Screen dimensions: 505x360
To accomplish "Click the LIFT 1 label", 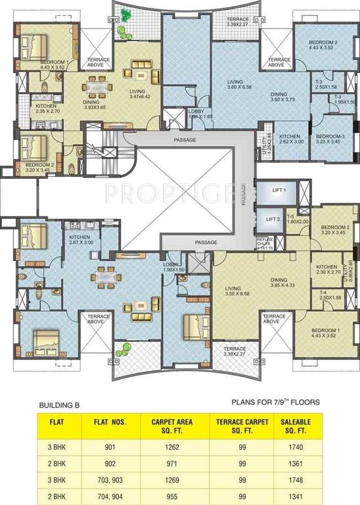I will (279, 190).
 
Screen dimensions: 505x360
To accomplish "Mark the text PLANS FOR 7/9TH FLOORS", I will (275, 401).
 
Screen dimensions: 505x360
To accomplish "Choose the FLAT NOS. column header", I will (110, 423).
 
